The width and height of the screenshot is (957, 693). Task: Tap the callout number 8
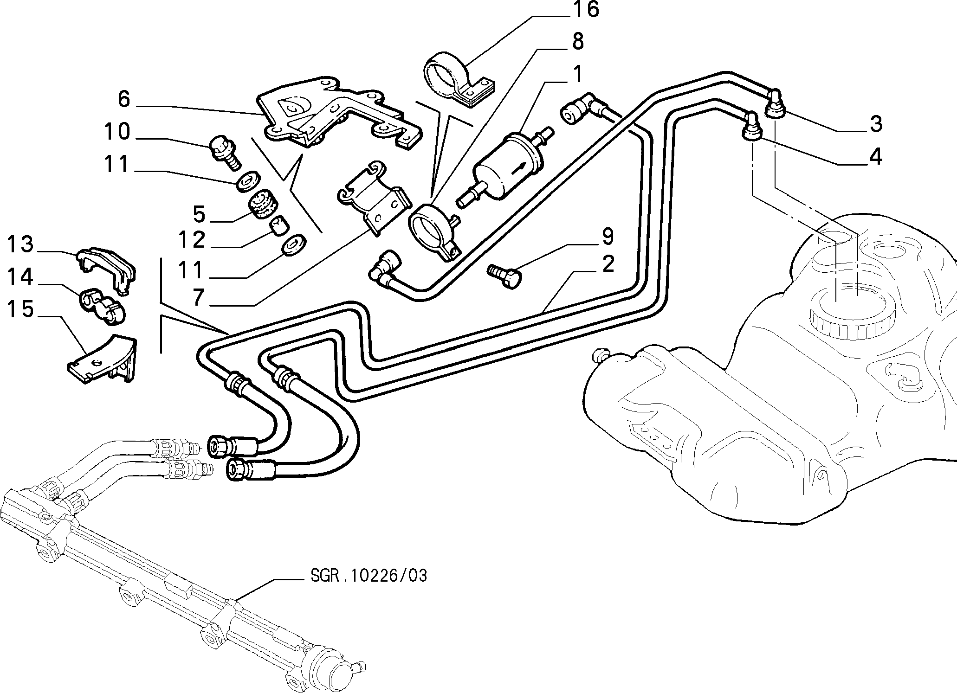pyautogui.click(x=577, y=41)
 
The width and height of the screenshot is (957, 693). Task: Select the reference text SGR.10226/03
pyautogui.click(x=368, y=576)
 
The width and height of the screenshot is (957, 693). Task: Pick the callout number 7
pyautogui.click(x=199, y=297)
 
